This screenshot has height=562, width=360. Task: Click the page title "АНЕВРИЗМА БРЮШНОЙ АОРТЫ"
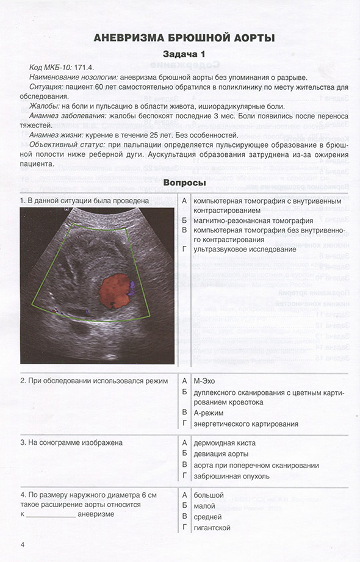184,38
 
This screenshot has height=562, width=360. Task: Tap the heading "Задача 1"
184,55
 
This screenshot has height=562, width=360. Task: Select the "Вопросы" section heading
184,182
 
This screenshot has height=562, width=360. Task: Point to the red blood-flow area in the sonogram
112,290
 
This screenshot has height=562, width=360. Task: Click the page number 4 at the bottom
23,544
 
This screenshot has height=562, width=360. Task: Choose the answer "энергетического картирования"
245,423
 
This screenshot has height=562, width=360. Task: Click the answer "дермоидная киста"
224,443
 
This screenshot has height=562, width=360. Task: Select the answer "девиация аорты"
221,454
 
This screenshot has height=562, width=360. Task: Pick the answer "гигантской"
211,527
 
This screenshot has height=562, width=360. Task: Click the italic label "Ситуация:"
48,87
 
